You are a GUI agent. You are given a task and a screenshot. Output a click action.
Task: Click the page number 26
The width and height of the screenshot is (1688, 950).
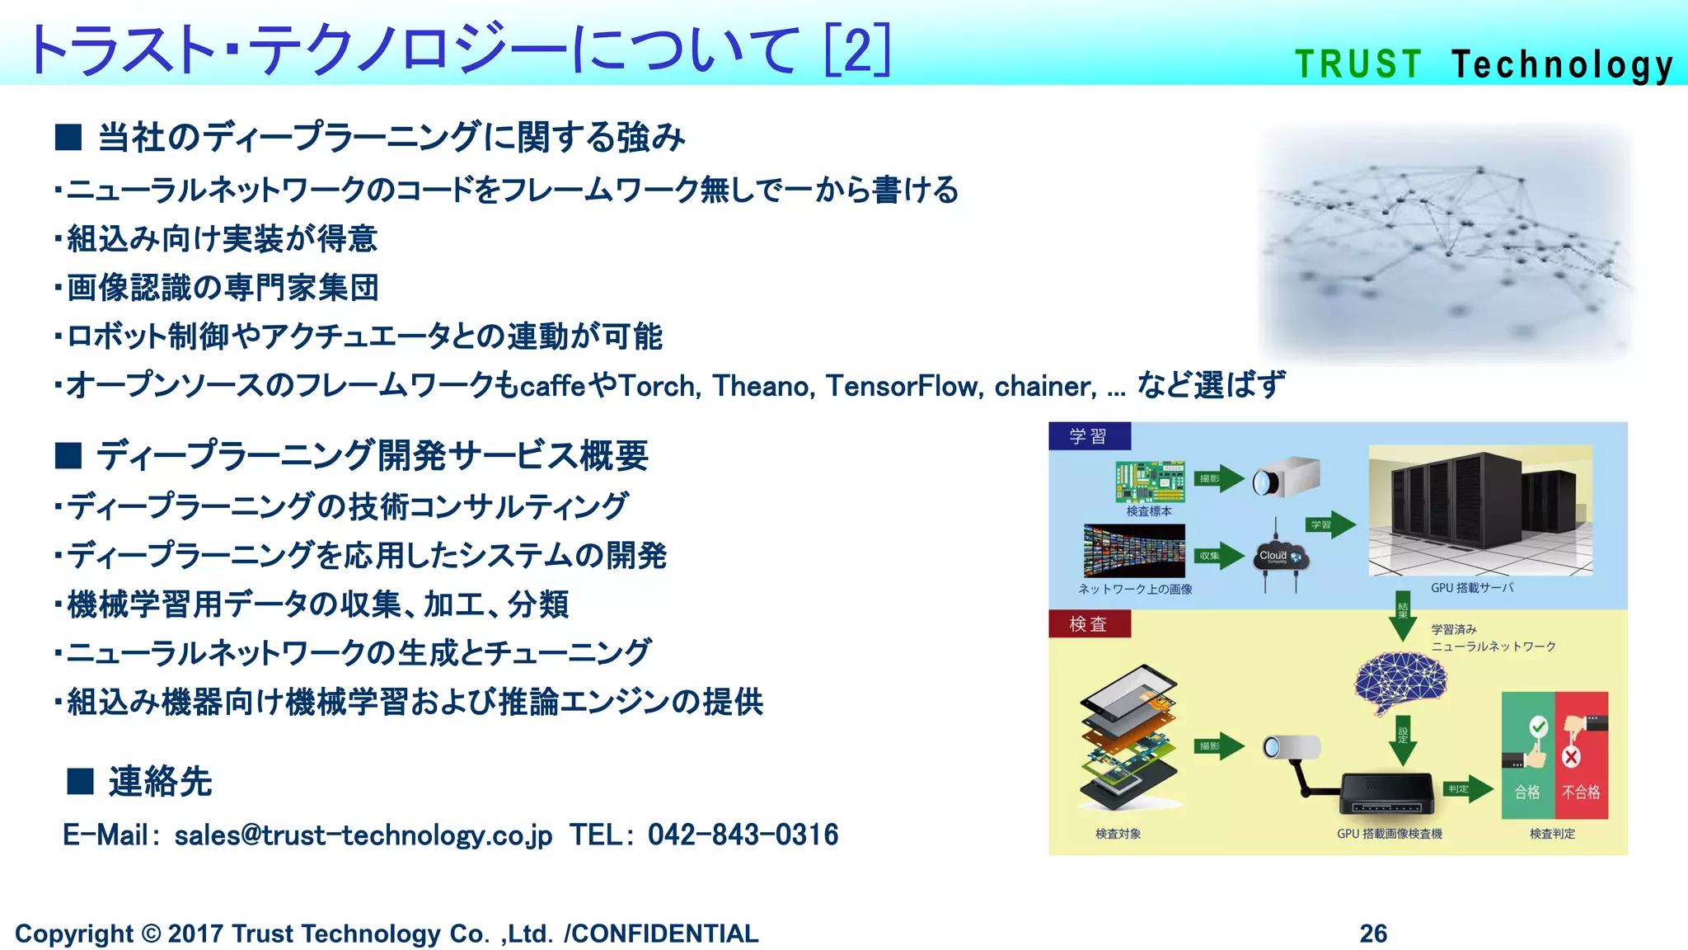tap(1373, 933)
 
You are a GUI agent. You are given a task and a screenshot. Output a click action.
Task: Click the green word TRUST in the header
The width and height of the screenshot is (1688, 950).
tap(1358, 64)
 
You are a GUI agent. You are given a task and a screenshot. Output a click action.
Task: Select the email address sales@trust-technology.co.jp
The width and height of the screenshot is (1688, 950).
tap(363, 835)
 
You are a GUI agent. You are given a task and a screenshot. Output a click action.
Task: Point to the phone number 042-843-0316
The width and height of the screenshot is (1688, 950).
tap(743, 835)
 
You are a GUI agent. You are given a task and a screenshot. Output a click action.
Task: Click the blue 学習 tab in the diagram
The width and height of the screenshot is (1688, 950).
tap(1089, 436)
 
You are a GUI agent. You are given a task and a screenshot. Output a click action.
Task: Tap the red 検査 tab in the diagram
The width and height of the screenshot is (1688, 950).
tap(1089, 624)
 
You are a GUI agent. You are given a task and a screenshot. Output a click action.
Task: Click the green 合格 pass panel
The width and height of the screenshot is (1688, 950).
tap(1528, 755)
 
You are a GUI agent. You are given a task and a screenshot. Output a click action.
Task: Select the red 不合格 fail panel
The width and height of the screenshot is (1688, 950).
tap(1581, 755)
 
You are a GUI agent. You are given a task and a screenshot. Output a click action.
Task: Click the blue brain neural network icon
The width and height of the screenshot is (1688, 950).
tap(1400, 683)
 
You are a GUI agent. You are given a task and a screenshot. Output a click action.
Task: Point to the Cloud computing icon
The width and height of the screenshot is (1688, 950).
tap(1278, 557)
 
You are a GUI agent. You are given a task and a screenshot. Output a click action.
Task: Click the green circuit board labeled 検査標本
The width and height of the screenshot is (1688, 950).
tap(1150, 482)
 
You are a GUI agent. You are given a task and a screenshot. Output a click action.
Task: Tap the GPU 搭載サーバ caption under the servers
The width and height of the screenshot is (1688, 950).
tap(1472, 588)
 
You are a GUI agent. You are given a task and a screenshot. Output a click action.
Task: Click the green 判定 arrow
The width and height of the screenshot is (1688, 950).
tap(1467, 789)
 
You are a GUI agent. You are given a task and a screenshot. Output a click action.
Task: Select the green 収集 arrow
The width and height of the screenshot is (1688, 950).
tap(1218, 556)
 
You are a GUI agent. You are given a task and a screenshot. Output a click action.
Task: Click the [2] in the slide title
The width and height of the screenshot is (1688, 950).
tap(857, 49)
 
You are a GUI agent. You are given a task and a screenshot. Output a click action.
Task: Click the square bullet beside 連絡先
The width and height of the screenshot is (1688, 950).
tap(80, 781)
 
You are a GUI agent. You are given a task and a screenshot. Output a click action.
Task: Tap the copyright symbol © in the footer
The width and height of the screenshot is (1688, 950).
tap(151, 934)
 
